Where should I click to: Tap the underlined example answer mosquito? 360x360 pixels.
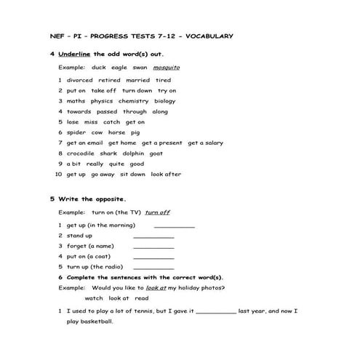[167, 67]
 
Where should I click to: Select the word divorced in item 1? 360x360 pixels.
[79, 80]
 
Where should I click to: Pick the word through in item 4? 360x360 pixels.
[135, 112]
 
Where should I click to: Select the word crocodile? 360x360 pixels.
[81, 153]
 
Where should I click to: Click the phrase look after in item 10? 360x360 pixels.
[166, 175]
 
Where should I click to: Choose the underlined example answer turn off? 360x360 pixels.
[157, 212]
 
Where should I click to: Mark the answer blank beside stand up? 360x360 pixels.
[153, 237]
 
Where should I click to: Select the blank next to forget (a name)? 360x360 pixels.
[153, 247]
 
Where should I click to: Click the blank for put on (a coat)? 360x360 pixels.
[153, 257]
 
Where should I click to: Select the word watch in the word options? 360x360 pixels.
[94, 298]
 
